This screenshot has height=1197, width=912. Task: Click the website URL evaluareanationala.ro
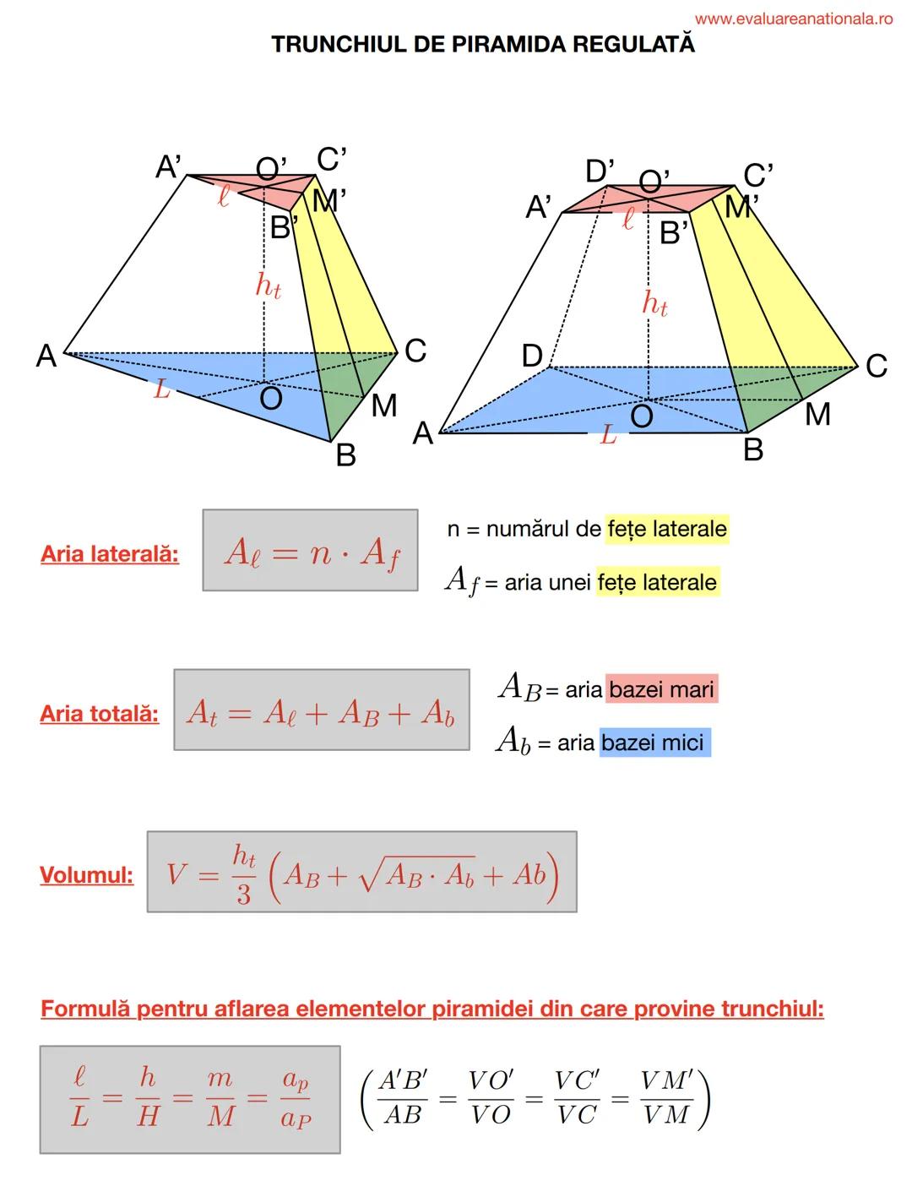tap(793, 19)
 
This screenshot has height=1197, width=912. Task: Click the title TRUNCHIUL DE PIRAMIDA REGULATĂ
tap(483, 45)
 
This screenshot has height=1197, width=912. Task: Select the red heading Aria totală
tap(99, 714)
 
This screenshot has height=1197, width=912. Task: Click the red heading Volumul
tap(86, 874)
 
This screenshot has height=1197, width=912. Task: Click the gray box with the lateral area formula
tap(310, 551)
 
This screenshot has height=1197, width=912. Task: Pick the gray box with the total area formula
tap(321, 710)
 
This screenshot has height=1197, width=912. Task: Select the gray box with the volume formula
tap(361, 872)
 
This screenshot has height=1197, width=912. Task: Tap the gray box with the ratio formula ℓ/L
tap(190, 1099)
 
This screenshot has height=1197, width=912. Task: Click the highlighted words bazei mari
tap(661, 689)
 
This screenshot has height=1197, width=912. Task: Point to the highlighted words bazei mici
tap(654, 743)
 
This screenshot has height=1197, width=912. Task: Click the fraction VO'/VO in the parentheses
tap(491, 1098)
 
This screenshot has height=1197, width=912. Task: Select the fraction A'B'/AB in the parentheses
tap(403, 1098)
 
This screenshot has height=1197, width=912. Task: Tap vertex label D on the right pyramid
tap(532, 356)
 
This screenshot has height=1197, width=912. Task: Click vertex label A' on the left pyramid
tap(169, 167)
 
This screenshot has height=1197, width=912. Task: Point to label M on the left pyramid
tap(384, 405)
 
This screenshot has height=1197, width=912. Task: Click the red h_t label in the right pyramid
tap(655, 302)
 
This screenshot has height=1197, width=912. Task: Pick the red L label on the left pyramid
tap(161, 390)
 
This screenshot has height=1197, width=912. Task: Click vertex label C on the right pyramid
tap(877, 366)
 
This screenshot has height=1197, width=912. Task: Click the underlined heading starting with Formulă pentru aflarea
tap(432, 1009)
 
